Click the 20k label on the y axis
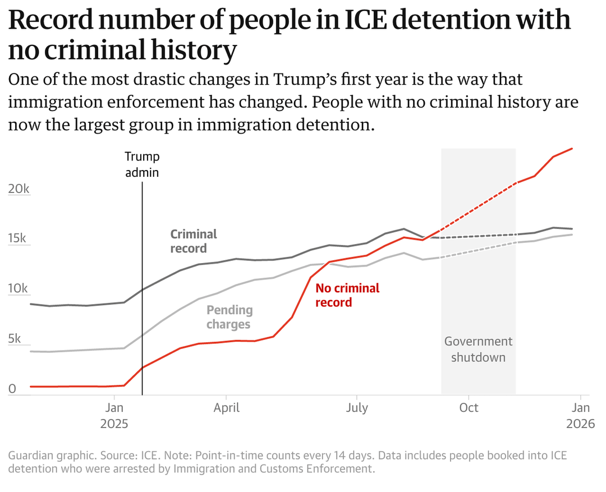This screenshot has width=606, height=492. [x=19, y=189]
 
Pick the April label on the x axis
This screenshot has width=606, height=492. [x=227, y=408]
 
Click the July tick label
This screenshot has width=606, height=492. [x=357, y=408]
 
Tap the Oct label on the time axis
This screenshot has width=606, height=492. [x=469, y=408]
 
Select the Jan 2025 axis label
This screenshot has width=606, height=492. [x=114, y=415]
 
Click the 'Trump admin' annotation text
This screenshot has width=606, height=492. [x=142, y=164]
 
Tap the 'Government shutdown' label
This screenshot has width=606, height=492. [x=478, y=349]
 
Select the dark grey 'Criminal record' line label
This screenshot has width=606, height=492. [x=193, y=241]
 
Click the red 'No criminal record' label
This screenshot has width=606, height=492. [x=347, y=295]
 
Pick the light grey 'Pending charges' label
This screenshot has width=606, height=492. [x=229, y=317]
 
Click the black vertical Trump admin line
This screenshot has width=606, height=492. [x=143, y=281]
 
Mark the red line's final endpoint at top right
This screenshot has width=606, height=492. [x=572, y=149]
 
